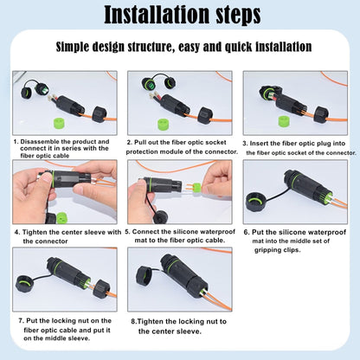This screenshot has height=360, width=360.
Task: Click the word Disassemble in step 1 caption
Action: coord(44,141)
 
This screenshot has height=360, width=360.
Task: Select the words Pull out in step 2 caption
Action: coord(149,141)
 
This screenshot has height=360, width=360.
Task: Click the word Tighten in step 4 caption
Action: coord(37,232)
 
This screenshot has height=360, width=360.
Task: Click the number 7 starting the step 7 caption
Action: coord(21,319)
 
